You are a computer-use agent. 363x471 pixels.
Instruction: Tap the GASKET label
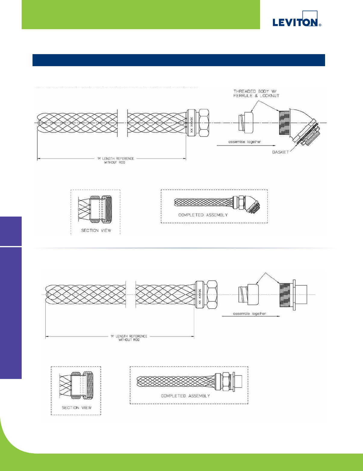(x=280, y=152)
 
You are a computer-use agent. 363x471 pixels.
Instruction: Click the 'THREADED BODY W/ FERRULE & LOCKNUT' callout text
(x=256, y=93)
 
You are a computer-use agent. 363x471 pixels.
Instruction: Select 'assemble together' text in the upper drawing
(x=244, y=142)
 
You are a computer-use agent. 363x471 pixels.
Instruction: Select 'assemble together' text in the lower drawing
(x=250, y=314)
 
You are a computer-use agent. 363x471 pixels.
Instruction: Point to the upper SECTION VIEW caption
(x=96, y=230)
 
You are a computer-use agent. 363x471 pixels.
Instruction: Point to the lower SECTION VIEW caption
(x=76, y=408)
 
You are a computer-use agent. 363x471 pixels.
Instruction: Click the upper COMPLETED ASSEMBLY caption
(x=203, y=215)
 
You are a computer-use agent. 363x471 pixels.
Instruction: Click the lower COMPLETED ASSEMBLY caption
(x=185, y=396)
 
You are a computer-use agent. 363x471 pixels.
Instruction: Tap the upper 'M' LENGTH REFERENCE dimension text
(x=115, y=160)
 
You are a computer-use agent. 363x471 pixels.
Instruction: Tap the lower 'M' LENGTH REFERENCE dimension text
(x=129, y=338)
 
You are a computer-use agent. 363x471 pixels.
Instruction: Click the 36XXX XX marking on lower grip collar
(x=199, y=294)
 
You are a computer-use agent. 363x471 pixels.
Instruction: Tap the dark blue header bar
(x=178, y=60)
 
